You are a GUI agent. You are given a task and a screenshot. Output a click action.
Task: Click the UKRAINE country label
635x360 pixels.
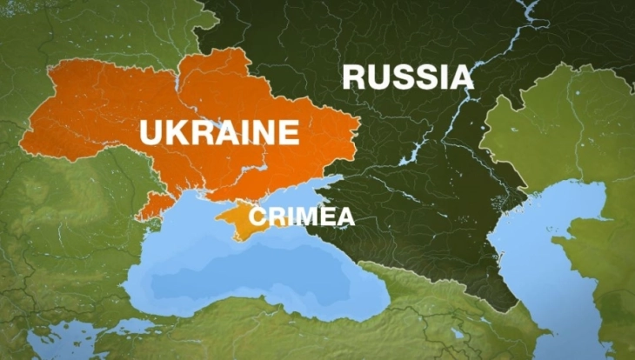pos(219,133)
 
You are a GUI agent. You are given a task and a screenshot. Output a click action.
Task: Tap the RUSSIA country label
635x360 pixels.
pos(407,77)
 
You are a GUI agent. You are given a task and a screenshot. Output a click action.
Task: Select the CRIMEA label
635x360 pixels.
pos(302,217)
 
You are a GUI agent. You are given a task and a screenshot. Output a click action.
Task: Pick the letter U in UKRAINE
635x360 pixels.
pos(151,133)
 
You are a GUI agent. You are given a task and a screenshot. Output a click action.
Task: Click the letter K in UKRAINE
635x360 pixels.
pos(177,133)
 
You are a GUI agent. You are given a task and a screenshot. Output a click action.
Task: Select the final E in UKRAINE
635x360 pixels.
pos(288,133)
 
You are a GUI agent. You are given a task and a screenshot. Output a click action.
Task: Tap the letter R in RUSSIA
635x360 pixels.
pos(353,77)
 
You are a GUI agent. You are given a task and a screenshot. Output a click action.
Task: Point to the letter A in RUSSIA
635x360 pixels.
pos(460,77)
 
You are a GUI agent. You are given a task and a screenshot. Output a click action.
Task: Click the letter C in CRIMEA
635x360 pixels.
pos(256,217)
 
